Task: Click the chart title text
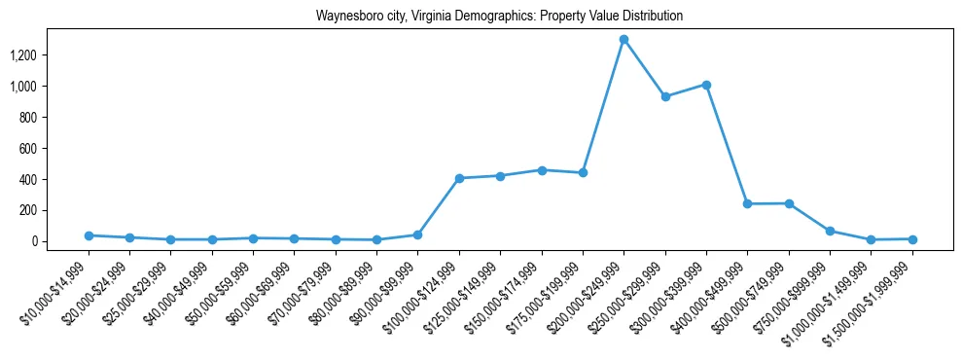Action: tap(499, 17)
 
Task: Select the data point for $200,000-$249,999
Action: tap(624, 39)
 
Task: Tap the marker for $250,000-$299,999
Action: tap(665, 96)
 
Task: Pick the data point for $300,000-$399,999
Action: tap(706, 85)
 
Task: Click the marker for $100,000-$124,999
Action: tap(459, 178)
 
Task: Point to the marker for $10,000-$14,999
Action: tap(89, 235)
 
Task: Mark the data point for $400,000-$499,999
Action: tap(747, 204)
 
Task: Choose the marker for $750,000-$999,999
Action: tap(830, 232)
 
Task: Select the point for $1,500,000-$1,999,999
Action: tap(912, 239)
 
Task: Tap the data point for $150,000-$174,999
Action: tap(542, 170)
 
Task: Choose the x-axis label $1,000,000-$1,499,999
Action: tap(833, 293)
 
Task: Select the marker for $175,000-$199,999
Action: tap(583, 173)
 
